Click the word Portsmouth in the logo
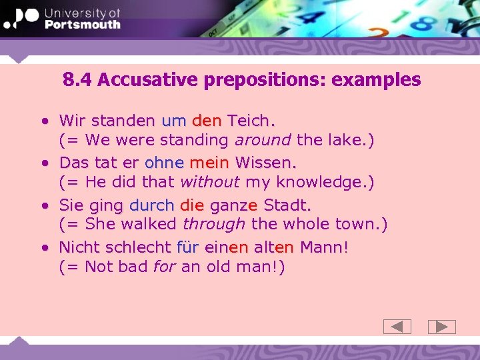coord(83,24)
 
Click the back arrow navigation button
coord(397,327)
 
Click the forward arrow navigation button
coord(441,327)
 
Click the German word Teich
coord(251,121)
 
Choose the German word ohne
coord(164,162)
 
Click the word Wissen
coord(265,162)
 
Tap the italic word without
coord(210,182)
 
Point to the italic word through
coord(214,224)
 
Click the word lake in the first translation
coord(342,141)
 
